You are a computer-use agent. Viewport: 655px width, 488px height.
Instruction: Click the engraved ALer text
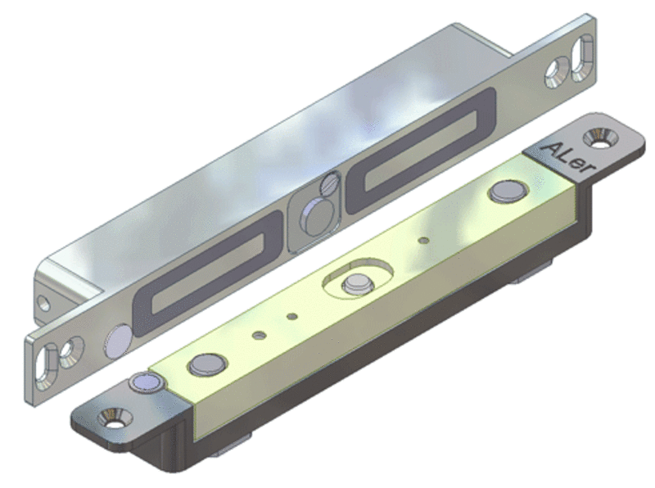pos(570,159)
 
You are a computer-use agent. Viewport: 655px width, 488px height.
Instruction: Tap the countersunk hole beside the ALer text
pos(600,138)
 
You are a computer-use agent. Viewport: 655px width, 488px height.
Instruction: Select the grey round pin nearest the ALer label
pos(508,192)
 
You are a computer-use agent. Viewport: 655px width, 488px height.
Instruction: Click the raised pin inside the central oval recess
pos(358,284)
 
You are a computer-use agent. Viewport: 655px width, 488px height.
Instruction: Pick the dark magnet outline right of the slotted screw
pos(421,151)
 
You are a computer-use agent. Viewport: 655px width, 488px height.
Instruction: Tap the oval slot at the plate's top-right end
pos(581,58)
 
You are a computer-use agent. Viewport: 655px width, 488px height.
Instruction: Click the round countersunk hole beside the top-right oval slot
pos(558,73)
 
